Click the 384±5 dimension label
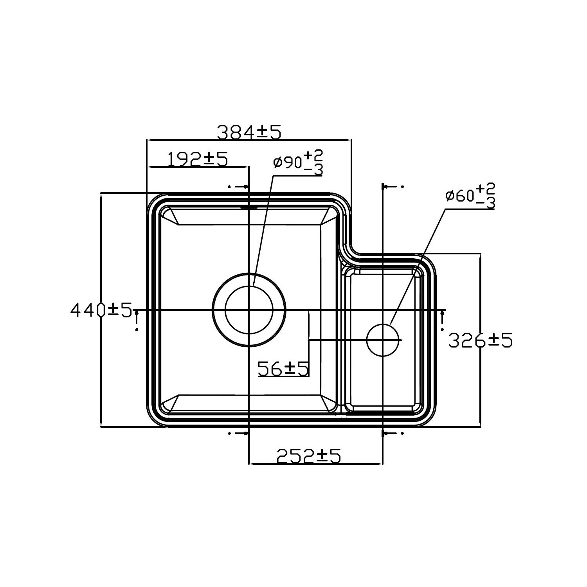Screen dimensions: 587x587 point(249,133)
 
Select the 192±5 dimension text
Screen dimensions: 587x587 point(198,159)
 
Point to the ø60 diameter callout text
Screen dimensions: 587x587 point(460,196)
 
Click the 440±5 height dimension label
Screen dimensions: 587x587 point(101,310)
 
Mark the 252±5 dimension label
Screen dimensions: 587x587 point(309,456)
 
